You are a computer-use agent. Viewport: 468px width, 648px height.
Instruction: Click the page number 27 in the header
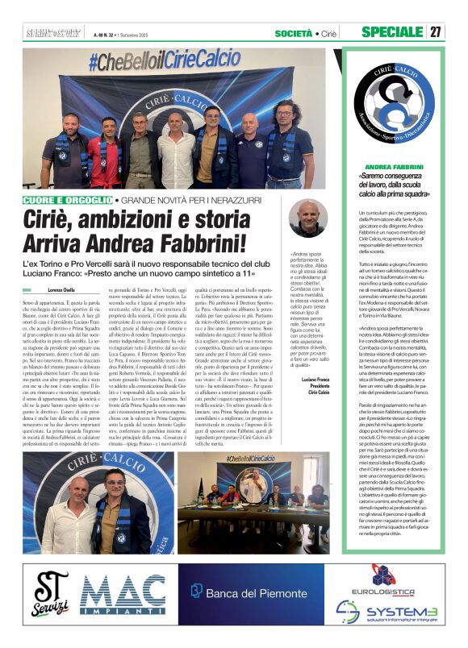point(436,32)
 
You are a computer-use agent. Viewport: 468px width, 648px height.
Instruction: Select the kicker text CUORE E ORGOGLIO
point(68,198)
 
